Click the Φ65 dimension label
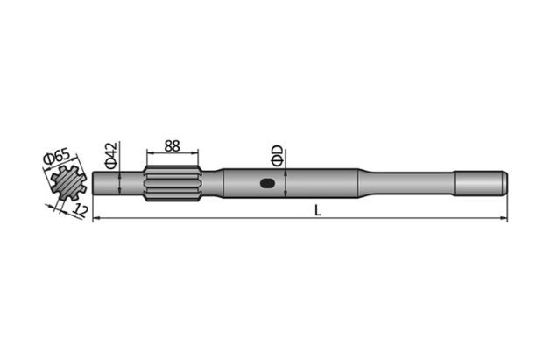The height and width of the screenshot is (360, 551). point(59,159)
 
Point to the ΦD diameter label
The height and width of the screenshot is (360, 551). point(277,156)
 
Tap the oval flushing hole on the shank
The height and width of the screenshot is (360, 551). point(267,184)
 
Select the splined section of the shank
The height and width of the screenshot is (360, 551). point(173,184)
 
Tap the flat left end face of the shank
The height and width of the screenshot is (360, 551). point(94,184)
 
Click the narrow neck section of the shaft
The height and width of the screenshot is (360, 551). point(412,184)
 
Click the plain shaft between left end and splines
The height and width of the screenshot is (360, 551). point(118,184)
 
